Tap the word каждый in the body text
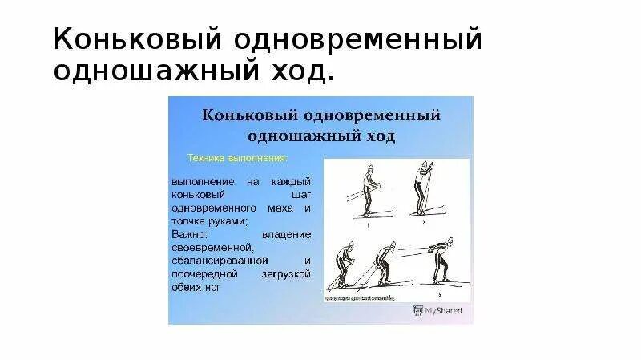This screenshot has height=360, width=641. tap(290, 182)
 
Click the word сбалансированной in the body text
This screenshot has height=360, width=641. tap(221, 261)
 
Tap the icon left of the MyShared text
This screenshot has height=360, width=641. tap(417, 309)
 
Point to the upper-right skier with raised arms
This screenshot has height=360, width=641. tap(423, 189)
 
